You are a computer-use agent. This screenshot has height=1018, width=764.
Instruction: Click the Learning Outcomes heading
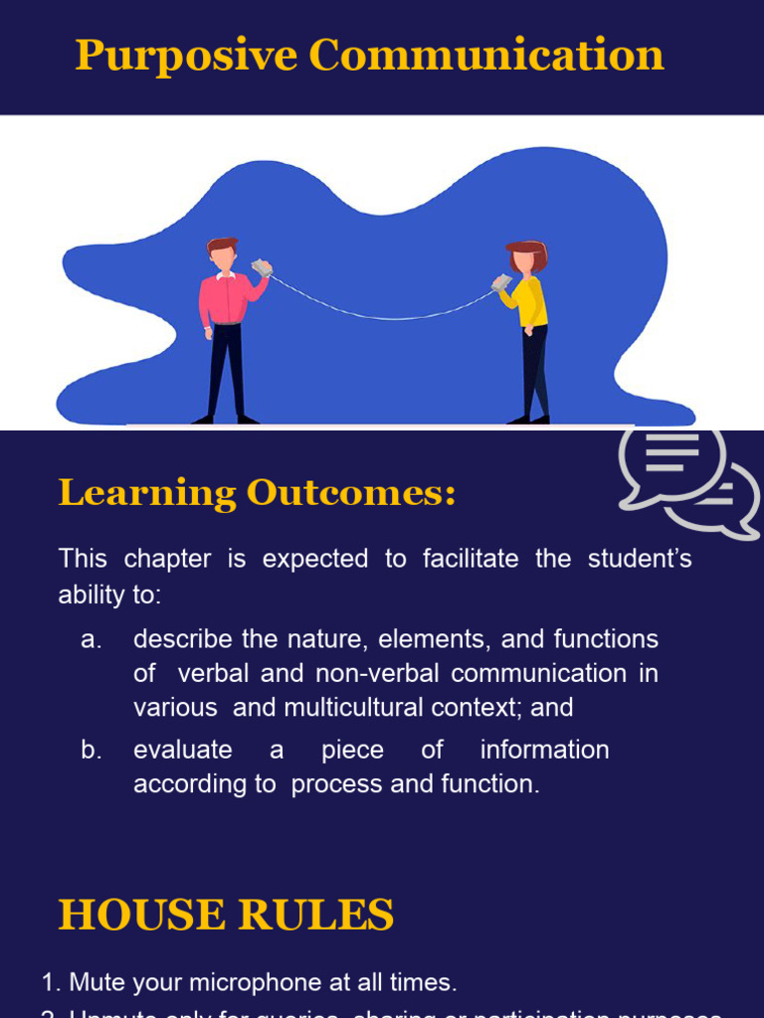coord(257,492)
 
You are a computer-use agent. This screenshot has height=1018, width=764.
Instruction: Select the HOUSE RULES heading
coord(226,915)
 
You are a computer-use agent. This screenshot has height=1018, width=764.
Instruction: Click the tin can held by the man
coord(262,267)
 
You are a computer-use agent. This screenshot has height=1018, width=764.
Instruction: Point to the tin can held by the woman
coord(501,282)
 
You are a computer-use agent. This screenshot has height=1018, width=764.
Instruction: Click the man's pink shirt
coord(227,299)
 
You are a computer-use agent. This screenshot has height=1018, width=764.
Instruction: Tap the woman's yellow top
coord(531,301)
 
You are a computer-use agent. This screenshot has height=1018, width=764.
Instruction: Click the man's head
coord(223,254)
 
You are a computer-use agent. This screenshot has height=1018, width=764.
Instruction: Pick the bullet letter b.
coord(92,750)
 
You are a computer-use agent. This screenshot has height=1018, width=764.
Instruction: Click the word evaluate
coord(183,750)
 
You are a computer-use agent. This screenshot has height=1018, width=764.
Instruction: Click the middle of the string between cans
coord(382,317)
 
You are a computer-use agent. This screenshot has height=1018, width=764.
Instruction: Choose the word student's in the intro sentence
coord(640,559)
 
